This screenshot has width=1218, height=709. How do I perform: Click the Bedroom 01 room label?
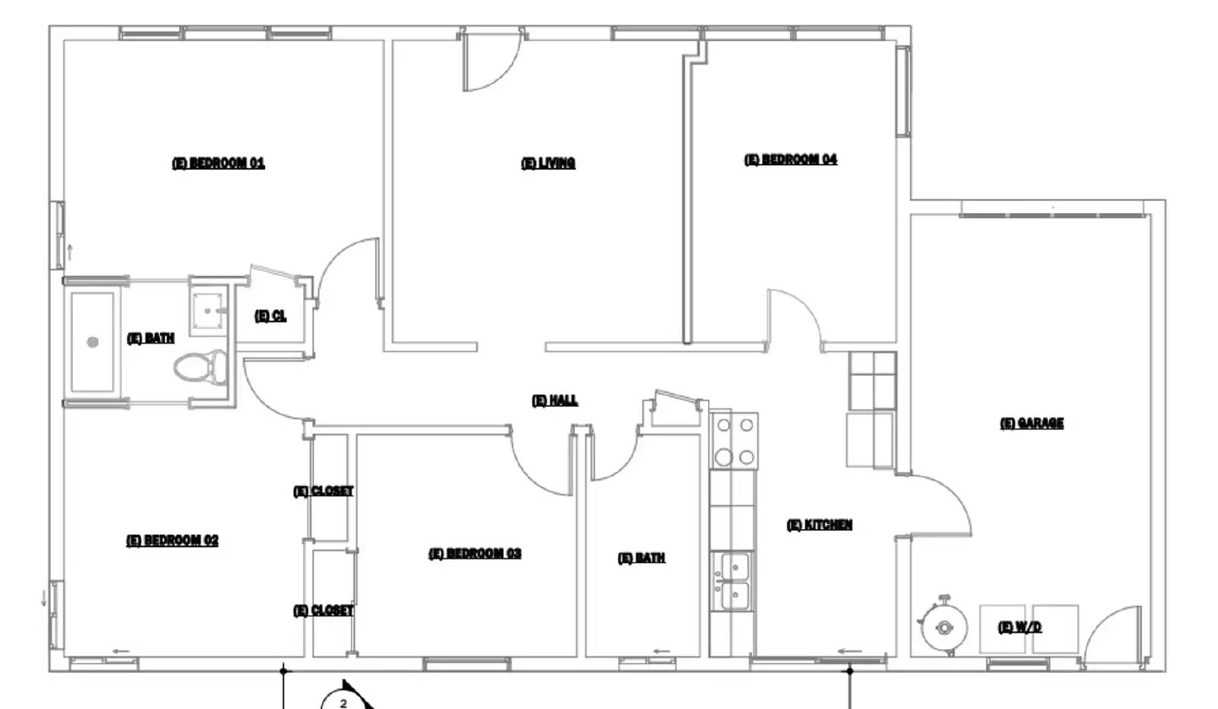coord(218,163)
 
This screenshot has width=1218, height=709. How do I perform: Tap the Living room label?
coord(548,163)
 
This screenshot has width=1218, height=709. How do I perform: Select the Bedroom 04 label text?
coord(790,160)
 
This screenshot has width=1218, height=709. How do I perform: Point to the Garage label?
coord(1031,423)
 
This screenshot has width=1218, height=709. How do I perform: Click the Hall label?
coord(554,400)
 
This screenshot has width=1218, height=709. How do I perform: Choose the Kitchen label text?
coord(819,525)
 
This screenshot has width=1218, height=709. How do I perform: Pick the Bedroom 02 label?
coord(172,541)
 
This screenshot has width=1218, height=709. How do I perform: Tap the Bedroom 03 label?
coord(475,554)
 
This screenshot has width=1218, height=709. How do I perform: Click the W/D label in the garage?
coord(1019,627)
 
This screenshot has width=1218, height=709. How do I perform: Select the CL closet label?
coord(270,316)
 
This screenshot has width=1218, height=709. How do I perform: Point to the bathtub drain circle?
coord(93,342)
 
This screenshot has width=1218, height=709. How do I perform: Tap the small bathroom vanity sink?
coord(208,310)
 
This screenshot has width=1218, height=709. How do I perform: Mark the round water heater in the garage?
coord(944,628)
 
